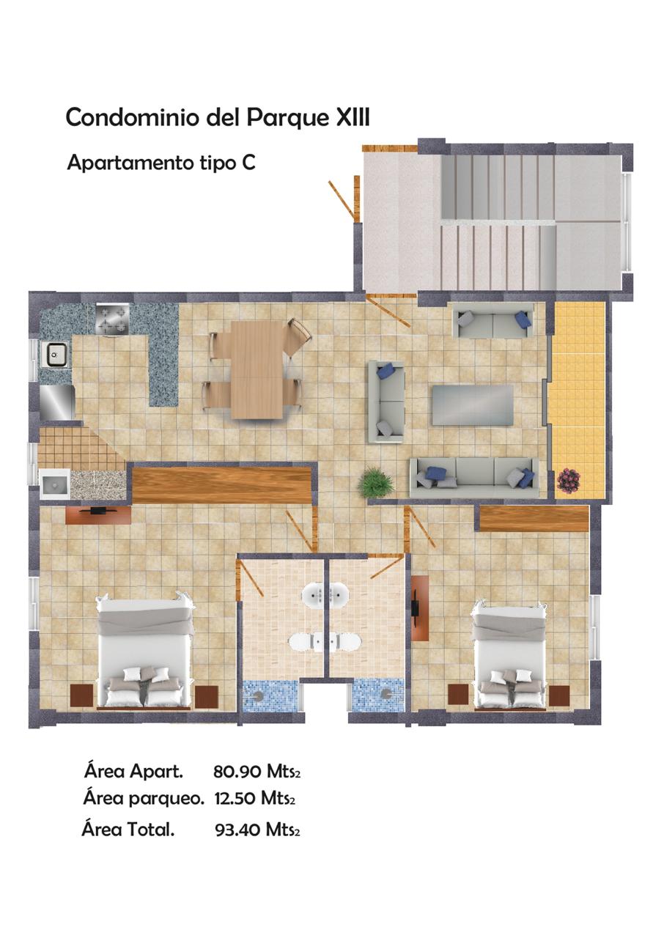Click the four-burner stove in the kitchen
112,320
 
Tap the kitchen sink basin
55,354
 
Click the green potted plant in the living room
375,484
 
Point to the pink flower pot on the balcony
569,480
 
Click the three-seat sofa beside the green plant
474,478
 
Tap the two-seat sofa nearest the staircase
493,321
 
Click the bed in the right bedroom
509,656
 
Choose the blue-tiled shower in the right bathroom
379,696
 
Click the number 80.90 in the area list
237,772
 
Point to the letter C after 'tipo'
248,163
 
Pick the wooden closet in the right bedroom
534,518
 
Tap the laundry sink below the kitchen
55,484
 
